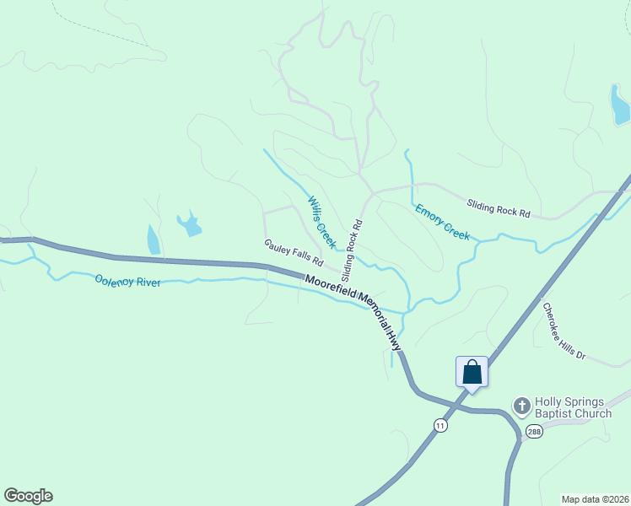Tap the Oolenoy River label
pos(128,281)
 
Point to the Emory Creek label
pos(442,222)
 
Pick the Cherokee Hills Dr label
pos(564,331)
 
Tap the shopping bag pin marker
pos(472,372)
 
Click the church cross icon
pos(521,406)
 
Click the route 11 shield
pos(440,426)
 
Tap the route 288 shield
pos(534,431)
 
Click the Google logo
pos(28,496)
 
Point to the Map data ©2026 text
pos(595,499)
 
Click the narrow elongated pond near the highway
pos(154,240)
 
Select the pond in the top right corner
pos(620,105)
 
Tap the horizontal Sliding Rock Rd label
pos(499,208)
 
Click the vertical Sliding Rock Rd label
pos(352,250)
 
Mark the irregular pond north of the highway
pos(189,224)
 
